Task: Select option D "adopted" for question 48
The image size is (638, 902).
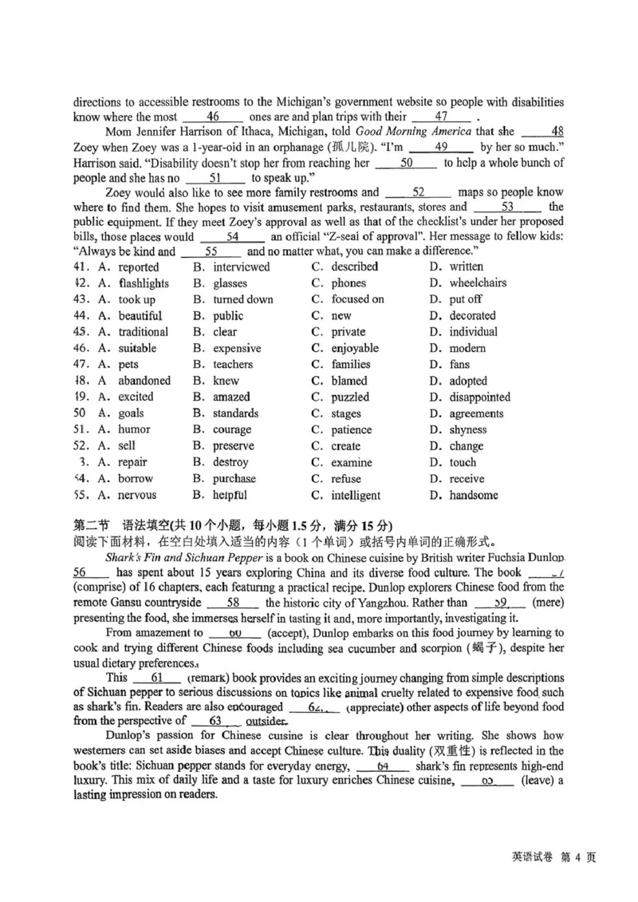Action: (468, 381)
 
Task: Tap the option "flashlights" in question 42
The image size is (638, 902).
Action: (144, 283)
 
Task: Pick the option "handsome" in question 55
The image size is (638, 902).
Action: (474, 495)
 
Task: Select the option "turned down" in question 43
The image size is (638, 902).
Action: (242, 299)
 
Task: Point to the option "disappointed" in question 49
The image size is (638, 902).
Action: (479, 397)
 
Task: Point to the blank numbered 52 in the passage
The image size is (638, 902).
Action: (419, 192)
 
